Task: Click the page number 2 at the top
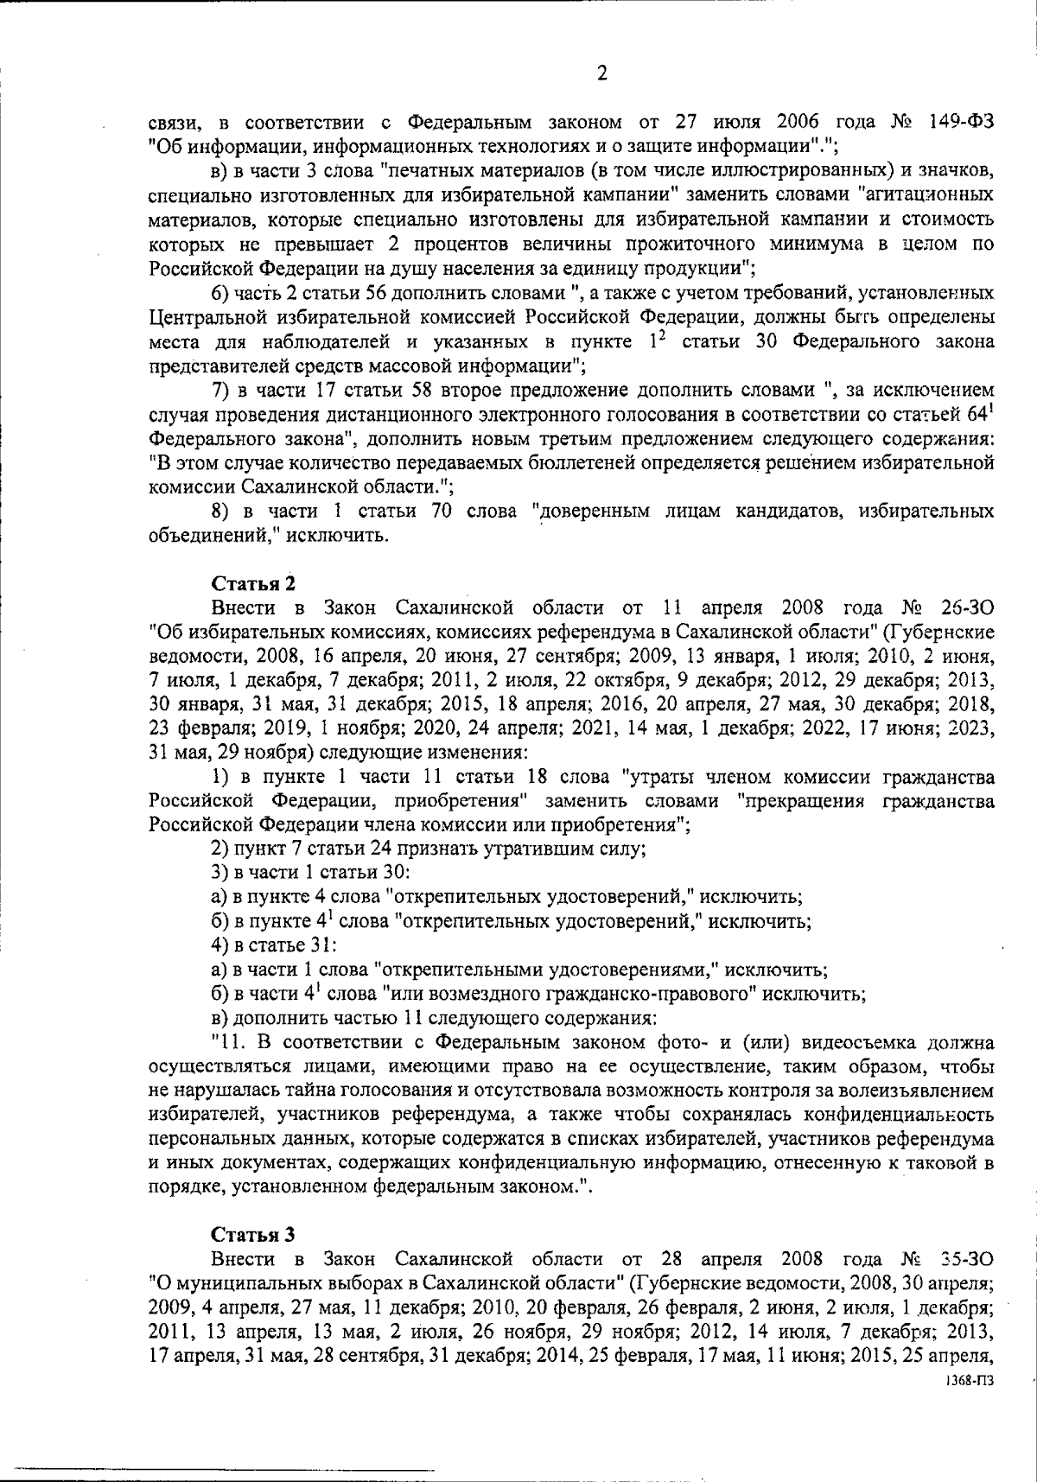pos(601,73)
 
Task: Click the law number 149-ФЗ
pos(959,120)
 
